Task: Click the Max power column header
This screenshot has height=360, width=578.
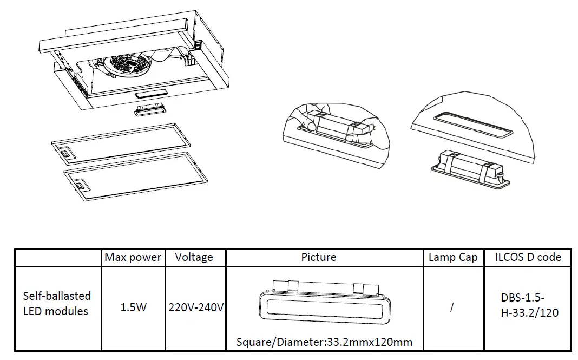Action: pyautogui.click(x=133, y=257)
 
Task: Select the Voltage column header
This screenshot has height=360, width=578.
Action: pyautogui.click(x=194, y=257)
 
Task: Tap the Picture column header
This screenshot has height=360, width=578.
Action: pyautogui.click(x=319, y=257)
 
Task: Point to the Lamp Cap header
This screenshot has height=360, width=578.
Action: pyautogui.click(x=453, y=257)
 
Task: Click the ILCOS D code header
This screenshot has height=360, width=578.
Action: pyautogui.click(x=528, y=257)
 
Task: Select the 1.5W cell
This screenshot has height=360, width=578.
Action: pyautogui.click(x=133, y=307)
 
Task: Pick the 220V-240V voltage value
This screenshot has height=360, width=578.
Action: pyautogui.click(x=196, y=307)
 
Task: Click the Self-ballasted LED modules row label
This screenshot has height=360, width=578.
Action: pyautogui.click(x=57, y=303)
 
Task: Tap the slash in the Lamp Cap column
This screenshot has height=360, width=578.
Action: pyautogui.click(x=452, y=307)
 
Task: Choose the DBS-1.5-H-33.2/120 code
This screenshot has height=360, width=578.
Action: pyautogui.click(x=529, y=305)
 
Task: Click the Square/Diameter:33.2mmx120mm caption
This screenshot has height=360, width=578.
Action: pyautogui.click(x=325, y=342)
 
